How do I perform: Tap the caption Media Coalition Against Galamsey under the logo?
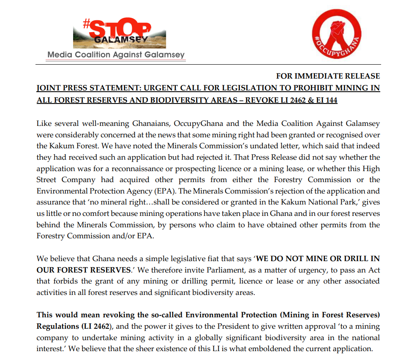pos(116,55)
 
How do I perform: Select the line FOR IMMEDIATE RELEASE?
pos(328,76)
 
